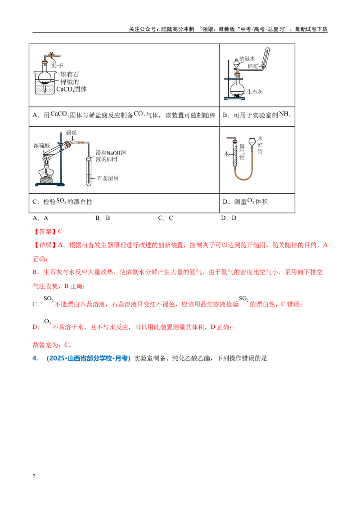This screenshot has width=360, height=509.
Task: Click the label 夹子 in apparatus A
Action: point(57,66)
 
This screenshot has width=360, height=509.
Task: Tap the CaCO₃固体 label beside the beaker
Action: point(72,89)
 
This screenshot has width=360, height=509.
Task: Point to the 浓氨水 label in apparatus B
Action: point(247,59)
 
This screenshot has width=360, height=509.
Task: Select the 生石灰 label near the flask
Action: point(255,92)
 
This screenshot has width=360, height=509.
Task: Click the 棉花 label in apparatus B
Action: point(252,66)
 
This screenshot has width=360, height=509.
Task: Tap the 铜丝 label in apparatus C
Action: point(72,133)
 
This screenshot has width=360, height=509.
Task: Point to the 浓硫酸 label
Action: point(41,145)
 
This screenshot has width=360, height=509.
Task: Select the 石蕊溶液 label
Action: point(108,178)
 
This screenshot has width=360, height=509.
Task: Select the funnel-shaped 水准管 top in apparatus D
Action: point(252,142)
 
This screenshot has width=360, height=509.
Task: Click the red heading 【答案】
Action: point(45,232)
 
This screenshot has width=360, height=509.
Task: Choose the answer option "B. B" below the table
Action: point(103,218)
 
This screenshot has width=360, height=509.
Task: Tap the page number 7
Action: point(34,476)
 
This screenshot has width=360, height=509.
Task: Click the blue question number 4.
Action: point(36,358)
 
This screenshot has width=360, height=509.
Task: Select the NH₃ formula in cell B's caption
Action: point(284,114)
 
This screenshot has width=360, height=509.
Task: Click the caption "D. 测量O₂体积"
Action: point(245,201)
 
